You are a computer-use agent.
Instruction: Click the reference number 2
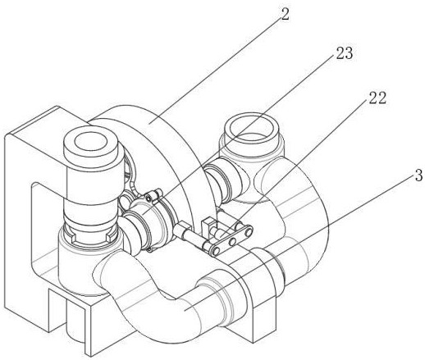tap(285, 15)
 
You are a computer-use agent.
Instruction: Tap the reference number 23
tap(345, 53)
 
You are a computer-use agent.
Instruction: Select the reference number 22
tap(377, 98)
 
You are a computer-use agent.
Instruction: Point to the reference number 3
tap(418, 175)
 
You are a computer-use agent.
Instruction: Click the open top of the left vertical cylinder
tap(90, 143)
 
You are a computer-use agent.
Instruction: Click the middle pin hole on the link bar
tap(232, 241)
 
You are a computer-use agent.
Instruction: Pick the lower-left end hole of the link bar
tap(217, 250)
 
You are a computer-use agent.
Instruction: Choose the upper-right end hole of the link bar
tap(248, 232)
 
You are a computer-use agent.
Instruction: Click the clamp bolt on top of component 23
tap(153, 196)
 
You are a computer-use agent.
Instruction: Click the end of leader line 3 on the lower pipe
tap(185, 310)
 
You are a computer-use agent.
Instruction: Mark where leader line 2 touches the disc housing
tap(149, 123)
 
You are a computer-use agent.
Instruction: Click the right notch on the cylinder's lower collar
tap(110, 237)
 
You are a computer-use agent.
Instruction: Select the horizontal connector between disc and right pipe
tap(222, 181)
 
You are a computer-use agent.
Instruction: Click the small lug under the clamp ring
tap(149, 249)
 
